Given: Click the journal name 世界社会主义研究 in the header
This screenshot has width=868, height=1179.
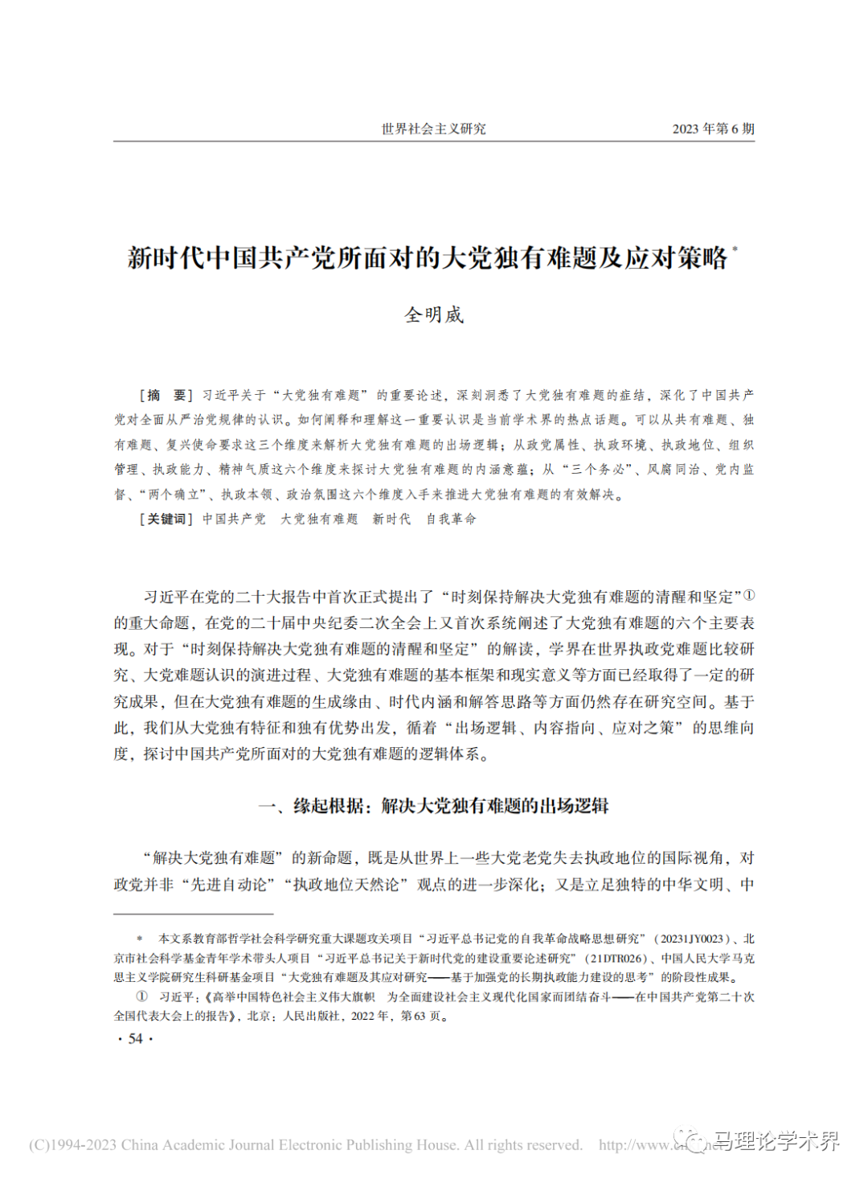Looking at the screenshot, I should pos(433,129).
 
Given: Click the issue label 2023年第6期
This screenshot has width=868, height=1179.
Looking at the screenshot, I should pos(713,129).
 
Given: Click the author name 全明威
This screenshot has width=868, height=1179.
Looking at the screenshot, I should pos(434,314).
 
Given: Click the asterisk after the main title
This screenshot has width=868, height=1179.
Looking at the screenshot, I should pos(735,250).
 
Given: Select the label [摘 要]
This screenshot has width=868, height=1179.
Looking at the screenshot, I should pos(166,395).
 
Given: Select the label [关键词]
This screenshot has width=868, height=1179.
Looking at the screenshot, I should pos(166,519).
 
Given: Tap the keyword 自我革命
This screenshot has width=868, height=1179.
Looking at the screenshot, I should pos(451,519).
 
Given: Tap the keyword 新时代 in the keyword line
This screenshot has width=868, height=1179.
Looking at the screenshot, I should pos(391,519).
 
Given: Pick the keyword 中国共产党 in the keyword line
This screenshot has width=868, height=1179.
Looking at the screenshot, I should pos(234,519).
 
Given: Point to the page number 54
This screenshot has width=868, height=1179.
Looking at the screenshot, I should pos(135,1038).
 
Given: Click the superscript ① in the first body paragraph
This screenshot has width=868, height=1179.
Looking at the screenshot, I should pos(749,595).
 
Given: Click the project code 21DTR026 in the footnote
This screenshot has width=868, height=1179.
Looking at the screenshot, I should pos(616,958).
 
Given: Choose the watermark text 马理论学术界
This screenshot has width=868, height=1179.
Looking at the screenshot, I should pos(776,1140).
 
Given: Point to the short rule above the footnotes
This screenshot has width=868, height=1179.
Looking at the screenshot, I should pos(193,914).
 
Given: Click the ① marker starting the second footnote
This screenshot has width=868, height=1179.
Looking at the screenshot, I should pos(141,996).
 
